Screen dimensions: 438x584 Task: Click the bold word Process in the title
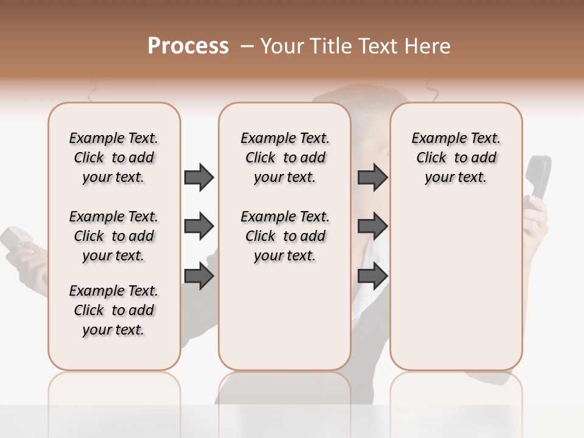click(x=188, y=46)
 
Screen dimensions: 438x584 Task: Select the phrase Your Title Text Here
click(x=355, y=46)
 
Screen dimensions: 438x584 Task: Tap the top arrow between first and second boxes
click(x=199, y=178)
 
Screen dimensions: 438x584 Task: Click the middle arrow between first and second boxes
click(x=199, y=227)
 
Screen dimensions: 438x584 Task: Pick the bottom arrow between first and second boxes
click(x=199, y=277)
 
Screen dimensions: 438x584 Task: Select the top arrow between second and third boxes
click(x=372, y=178)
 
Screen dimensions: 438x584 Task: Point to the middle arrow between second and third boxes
click(x=372, y=227)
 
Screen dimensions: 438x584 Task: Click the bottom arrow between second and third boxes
click(x=372, y=277)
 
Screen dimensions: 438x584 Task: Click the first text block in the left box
click(x=114, y=158)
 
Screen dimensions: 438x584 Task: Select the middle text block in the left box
click(x=114, y=236)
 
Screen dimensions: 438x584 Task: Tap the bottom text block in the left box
click(x=114, y=310)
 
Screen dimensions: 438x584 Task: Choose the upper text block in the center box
click(x=285, y=158)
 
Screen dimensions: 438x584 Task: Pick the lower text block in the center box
click(x=285, y=236)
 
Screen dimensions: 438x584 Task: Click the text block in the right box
click(x=456, y=158)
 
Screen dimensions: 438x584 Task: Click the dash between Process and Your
click(x=247, y=47)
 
